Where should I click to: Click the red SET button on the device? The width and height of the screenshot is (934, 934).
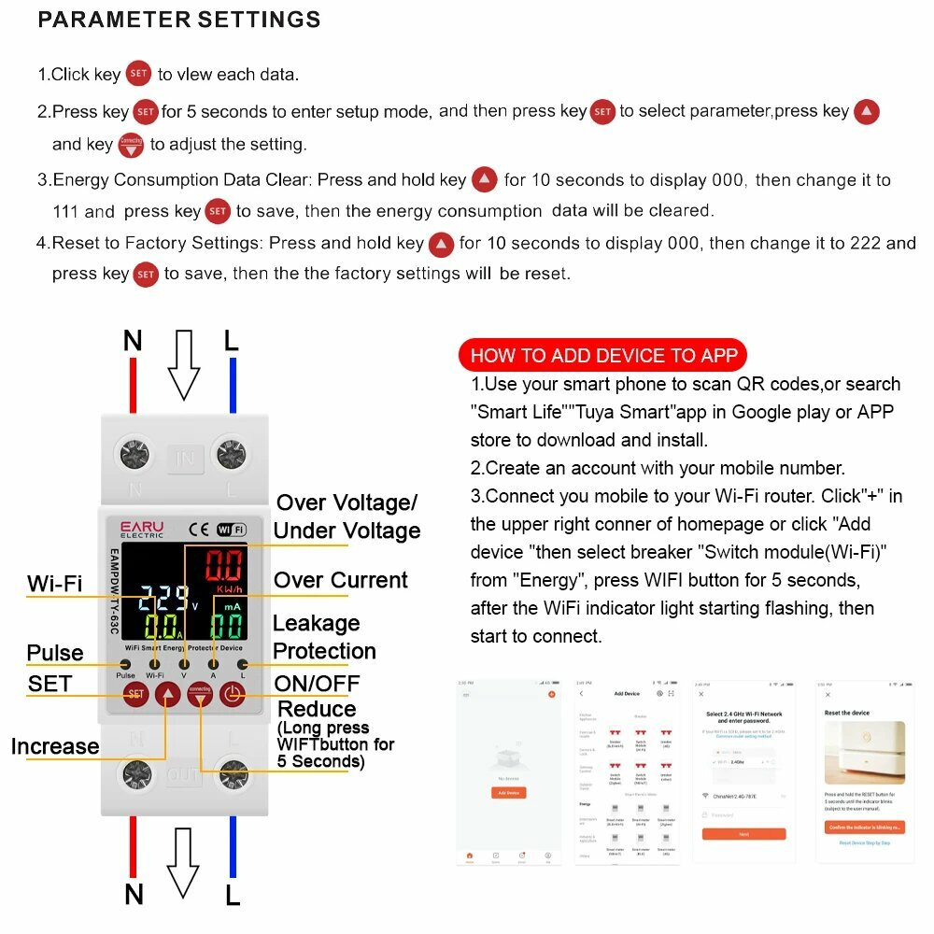136,693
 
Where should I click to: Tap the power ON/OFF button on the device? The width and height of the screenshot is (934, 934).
232,693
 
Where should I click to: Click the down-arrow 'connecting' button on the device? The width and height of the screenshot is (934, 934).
200,693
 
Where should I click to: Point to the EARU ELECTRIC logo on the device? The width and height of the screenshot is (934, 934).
142,530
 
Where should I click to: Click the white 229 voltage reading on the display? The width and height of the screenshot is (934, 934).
164,598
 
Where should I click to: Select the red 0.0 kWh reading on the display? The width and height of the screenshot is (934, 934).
224,567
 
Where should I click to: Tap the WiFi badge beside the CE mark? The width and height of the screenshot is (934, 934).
231,530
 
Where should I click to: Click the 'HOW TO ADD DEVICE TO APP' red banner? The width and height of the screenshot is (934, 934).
603,355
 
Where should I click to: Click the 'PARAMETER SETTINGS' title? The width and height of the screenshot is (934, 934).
179,20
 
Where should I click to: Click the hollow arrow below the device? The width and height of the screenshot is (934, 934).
183,862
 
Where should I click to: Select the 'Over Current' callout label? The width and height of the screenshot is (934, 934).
340,580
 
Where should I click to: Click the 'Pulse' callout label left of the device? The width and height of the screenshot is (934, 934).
55,653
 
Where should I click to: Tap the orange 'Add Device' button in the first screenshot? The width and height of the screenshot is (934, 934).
508,792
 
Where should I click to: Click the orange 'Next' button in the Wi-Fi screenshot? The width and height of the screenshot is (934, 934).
743,834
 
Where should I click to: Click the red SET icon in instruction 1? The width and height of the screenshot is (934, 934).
138,74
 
